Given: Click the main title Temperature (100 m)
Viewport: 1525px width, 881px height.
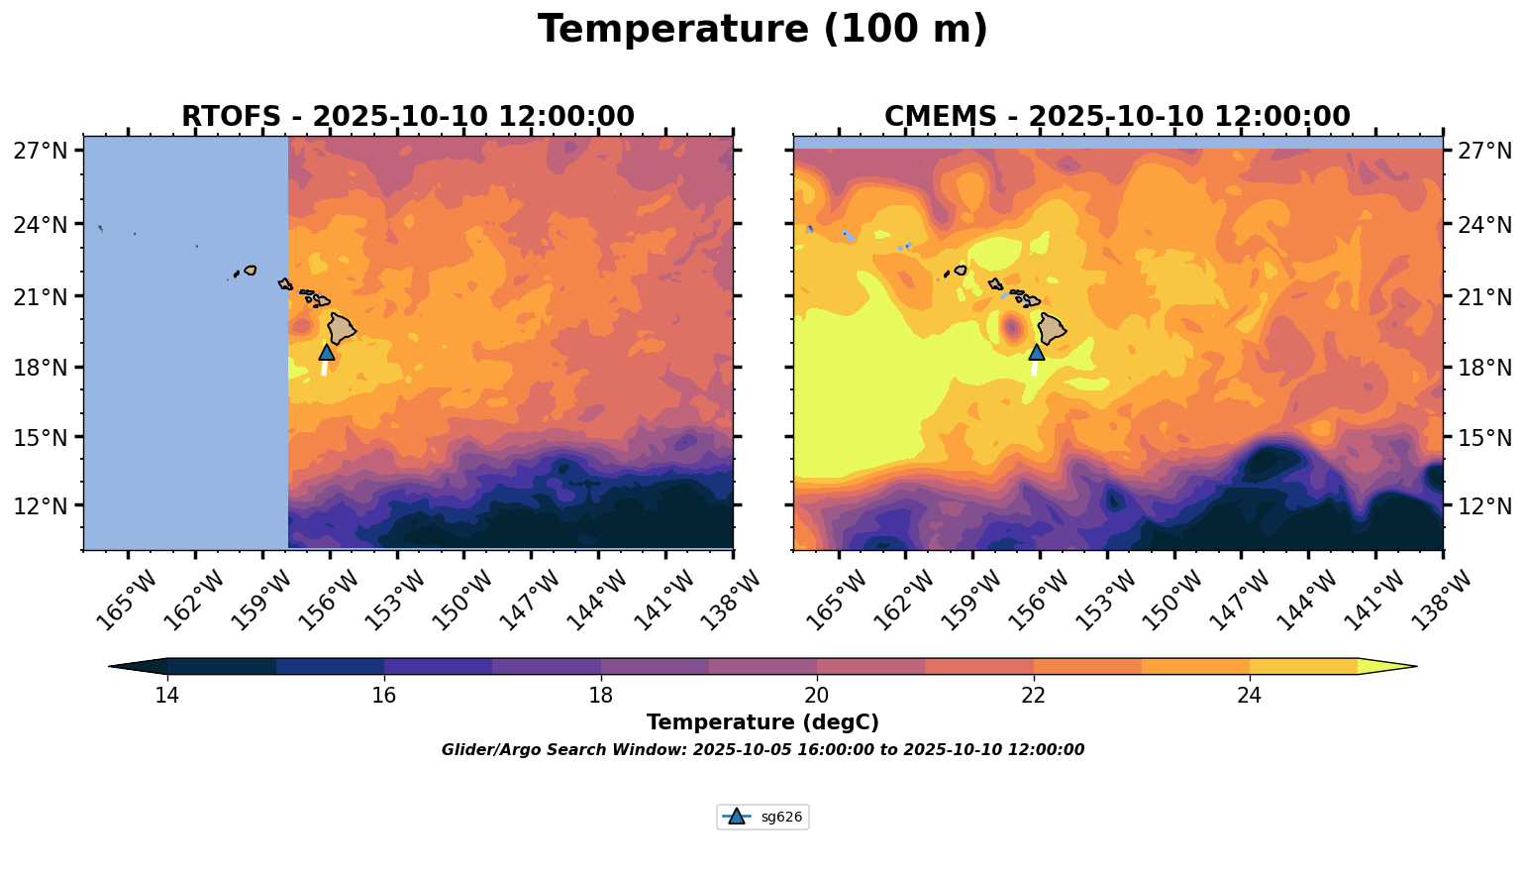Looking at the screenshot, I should click(x=762, y=30).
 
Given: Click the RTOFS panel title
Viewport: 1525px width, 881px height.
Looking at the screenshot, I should click(x=407, y=117).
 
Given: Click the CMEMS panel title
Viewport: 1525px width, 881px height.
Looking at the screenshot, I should click(x=1117, y=117).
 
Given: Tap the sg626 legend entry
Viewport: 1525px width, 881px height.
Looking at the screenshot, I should click(x=762, y=818).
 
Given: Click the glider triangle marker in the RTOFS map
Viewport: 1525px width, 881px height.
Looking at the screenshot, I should click(x=327, y=352).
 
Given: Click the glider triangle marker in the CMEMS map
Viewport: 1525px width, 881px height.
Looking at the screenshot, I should click(x=1037, y=352).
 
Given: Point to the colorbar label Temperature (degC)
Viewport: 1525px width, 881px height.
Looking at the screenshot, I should click(x=762, y=722).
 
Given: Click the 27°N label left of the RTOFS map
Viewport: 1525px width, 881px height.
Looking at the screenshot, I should click(x=41, y=152).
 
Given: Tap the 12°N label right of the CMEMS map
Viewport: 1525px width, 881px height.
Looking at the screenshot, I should click(x=1484, y=506).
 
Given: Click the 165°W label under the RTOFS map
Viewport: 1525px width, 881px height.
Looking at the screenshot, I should click(x=128, y=602).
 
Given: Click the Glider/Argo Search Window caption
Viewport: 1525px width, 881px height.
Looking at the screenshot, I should click(x=762, y=750).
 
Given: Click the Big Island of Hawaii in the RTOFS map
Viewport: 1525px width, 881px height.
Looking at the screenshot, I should click(x=343, y=328).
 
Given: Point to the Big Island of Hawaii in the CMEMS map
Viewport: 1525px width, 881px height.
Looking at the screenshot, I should click(x=1052, y=328).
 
